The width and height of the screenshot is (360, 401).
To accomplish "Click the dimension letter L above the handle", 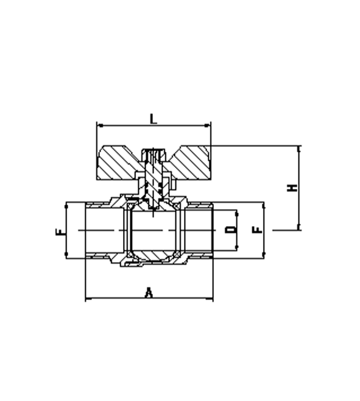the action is pos(153,119).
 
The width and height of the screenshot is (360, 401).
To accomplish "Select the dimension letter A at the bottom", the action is pos(149,293).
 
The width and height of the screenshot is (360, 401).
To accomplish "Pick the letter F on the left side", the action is pos(60,232).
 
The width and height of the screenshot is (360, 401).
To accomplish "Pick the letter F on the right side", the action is pos(257,230).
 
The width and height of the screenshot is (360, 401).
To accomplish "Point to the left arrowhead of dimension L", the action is pos(101,126).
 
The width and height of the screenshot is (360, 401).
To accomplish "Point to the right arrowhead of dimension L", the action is pos(207,126).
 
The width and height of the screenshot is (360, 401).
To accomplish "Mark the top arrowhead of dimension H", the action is pos(299,149).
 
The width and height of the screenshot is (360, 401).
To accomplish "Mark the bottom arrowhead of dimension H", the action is pos(299,227).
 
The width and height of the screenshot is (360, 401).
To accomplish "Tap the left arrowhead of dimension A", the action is pos(88,298).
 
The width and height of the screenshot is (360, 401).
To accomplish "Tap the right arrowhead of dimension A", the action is pos(210,298).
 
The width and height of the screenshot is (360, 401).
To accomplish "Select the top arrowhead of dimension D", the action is pos(237,213).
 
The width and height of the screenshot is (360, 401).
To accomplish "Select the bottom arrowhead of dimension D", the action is pos(237,247).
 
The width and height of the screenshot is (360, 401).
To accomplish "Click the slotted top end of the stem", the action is pos(154,154).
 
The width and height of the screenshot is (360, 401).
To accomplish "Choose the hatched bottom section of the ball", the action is pos(153,255).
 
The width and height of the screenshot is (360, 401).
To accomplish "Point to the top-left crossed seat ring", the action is pos(130,206).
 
